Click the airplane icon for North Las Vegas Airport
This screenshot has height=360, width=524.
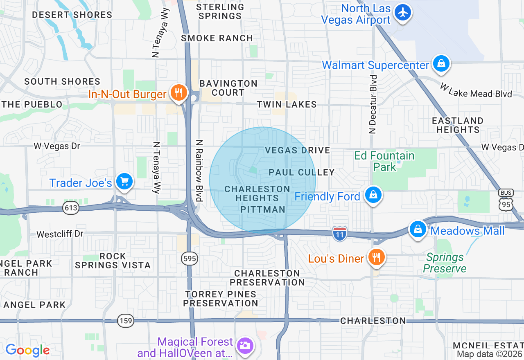point(403,13)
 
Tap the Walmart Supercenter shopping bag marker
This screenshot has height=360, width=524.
point(441,64)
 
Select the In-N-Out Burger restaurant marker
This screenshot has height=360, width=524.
point(178,93)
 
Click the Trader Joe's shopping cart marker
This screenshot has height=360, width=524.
point(124,181)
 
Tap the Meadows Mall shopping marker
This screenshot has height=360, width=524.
point(418,229)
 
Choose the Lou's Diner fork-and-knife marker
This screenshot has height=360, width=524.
point(375,257)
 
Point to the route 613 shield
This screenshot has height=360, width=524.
point(70,208)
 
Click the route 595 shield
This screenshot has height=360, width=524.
point(190,259)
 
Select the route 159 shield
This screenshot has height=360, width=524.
point(125,321)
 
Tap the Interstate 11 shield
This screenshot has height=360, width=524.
point(340,233)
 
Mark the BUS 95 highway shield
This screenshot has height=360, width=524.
point(506,200)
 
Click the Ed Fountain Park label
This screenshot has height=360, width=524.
point(384,161)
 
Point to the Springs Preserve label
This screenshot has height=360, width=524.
point(445,263)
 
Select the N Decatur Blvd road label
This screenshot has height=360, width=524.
point(372,104)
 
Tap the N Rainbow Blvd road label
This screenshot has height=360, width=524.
point(199,171)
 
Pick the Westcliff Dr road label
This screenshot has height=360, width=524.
point(60,234)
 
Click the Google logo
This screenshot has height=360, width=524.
point(27,350)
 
